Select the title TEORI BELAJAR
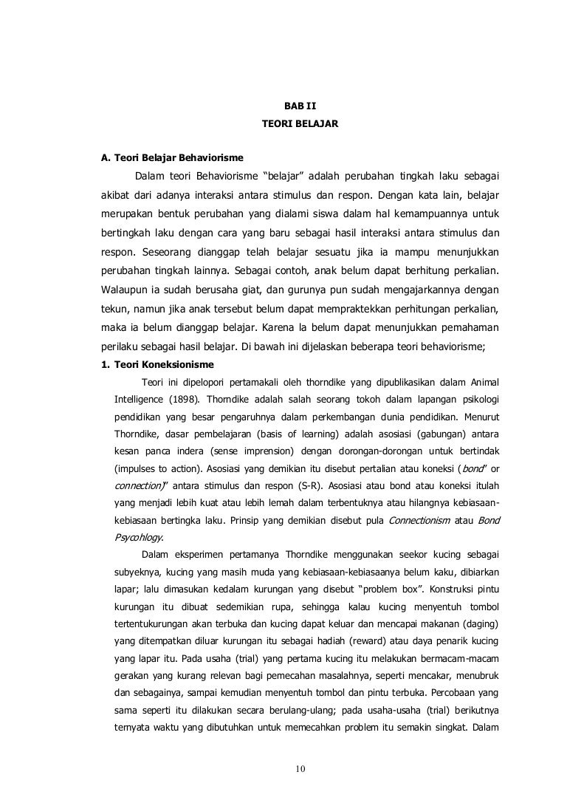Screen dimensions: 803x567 coord(300,126)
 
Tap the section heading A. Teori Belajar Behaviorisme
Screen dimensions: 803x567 coord(173,157)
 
